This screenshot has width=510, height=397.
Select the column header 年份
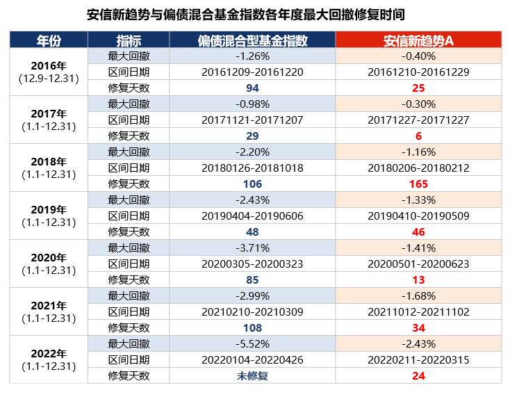[x=49, y=40]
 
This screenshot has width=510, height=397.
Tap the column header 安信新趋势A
[x=418, y=40]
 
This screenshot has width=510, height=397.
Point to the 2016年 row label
[x=49, y=65]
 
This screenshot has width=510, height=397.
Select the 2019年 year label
[x=49, y=209]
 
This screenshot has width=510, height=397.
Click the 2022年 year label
[x=49, y=352]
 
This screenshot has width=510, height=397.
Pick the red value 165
[x=418, y=184]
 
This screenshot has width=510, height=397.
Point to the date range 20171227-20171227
[x=418, y=120]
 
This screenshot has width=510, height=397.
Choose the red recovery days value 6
[x=418, y=136]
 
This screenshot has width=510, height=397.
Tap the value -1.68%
[x=418, y=295]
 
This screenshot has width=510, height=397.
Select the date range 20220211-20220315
[x=418, y=359]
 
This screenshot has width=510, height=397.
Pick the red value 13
[x=418, y=279]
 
